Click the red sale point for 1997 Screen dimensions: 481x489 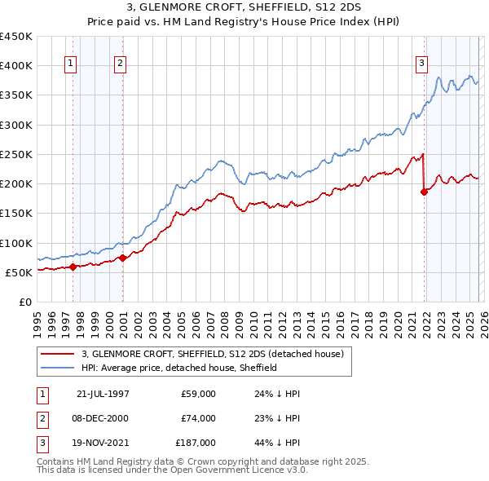(x=73, y=266)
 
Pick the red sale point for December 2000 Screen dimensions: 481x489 (x=122, y=258)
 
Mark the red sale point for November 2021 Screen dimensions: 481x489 (x=424, y=192)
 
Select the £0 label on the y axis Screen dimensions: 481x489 (x=24, y=302)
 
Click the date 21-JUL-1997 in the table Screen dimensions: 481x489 (x=103, y=394)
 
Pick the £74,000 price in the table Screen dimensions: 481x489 (x=199, y=418)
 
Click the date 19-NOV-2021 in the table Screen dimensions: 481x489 (x=103, y=443)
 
